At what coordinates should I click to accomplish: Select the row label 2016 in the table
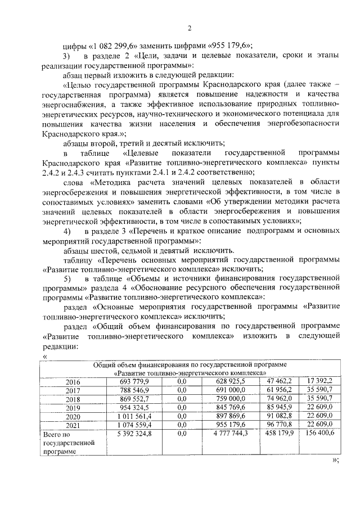(74, 381)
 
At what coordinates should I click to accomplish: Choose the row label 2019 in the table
(74, 408)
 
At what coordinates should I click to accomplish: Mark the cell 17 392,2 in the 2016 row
(320, 381)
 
